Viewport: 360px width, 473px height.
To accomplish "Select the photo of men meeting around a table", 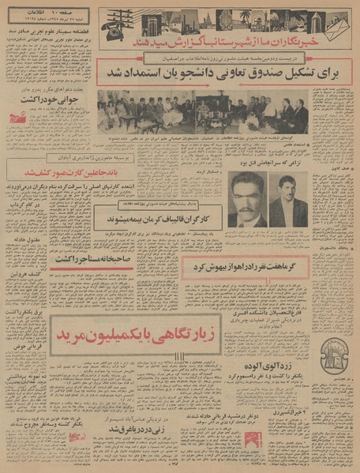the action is coord(257,115).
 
